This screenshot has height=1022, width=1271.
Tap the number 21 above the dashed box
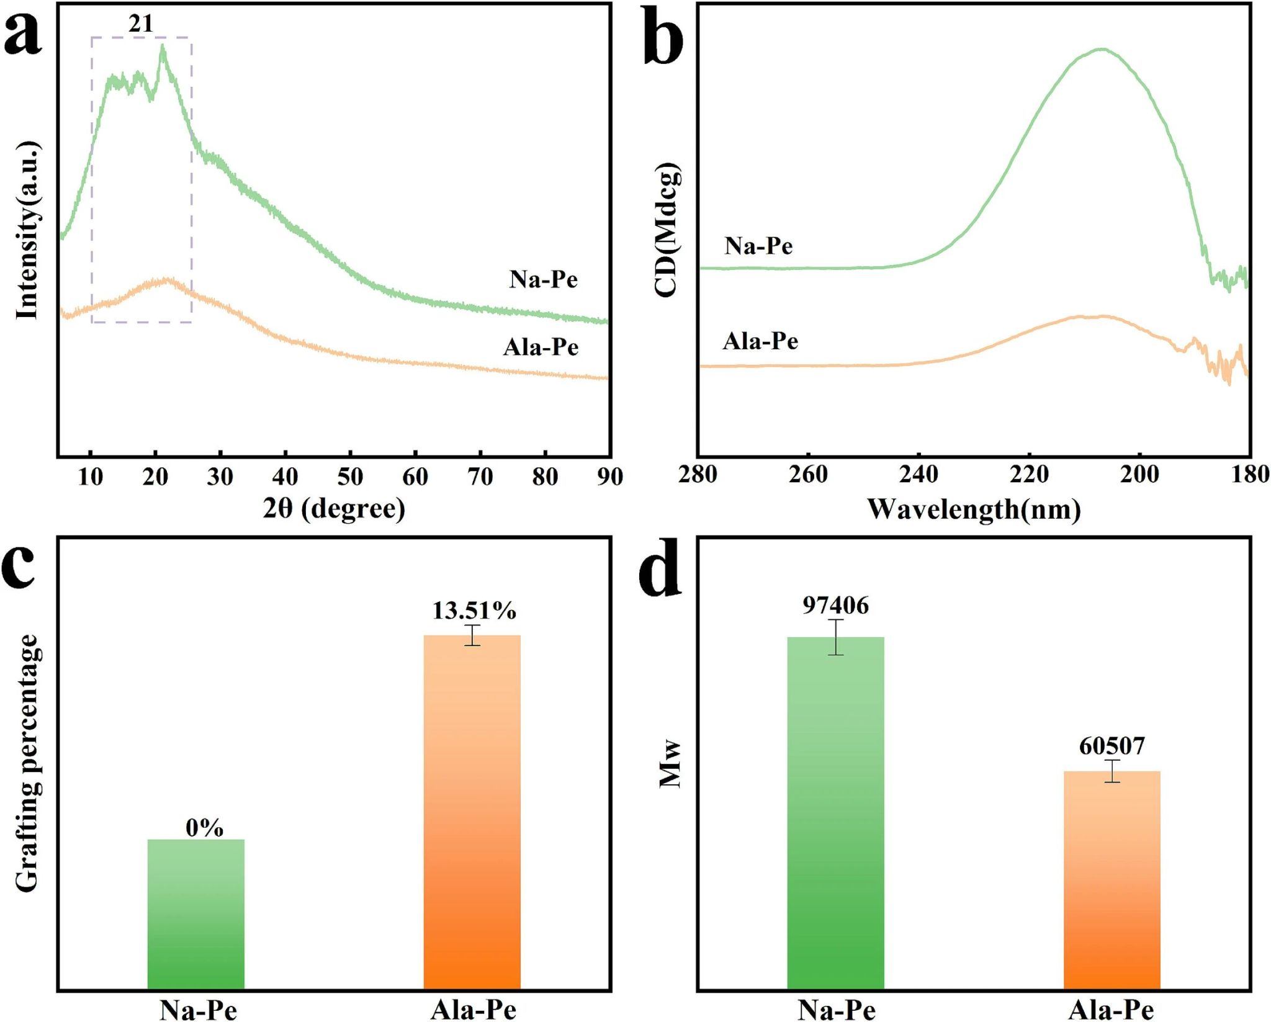pyautogui.click(x=141, y=24)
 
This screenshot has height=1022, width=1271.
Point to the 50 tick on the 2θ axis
pyautogui.click(x=350, y=477)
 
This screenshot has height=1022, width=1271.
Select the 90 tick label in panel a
pyautogui.click(x=610, y=477)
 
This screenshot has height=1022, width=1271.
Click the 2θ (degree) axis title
pyautogui.click(x=334, y=508)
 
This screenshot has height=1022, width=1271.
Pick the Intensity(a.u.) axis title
pyautogui.click(x=27, y=230)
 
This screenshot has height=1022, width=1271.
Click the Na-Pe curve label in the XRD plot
pyautogui.click(x=544, y=279)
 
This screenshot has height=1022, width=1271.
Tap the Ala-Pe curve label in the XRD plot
pyautogui.click(x=541, y=347)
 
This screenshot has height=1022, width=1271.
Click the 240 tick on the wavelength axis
pyautogui.click(x=918, y=475)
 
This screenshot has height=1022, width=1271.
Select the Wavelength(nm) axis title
pyautogui.click(x=974, y=509)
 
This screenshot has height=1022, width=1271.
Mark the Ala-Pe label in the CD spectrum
pyautogui.click(x=760, y=341)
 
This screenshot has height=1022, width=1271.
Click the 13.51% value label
pyautogui.click(x=474, y=611)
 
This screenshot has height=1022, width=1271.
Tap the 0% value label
pyautogui.click(x=204, y=828)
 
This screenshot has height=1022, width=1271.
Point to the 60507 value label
pyautogui.click(x=1112, y=746)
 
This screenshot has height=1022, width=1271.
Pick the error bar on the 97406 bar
pyautogui.click(x=835, y=637)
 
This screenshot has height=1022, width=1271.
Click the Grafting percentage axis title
pyautogui.click(x=27, y=763)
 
